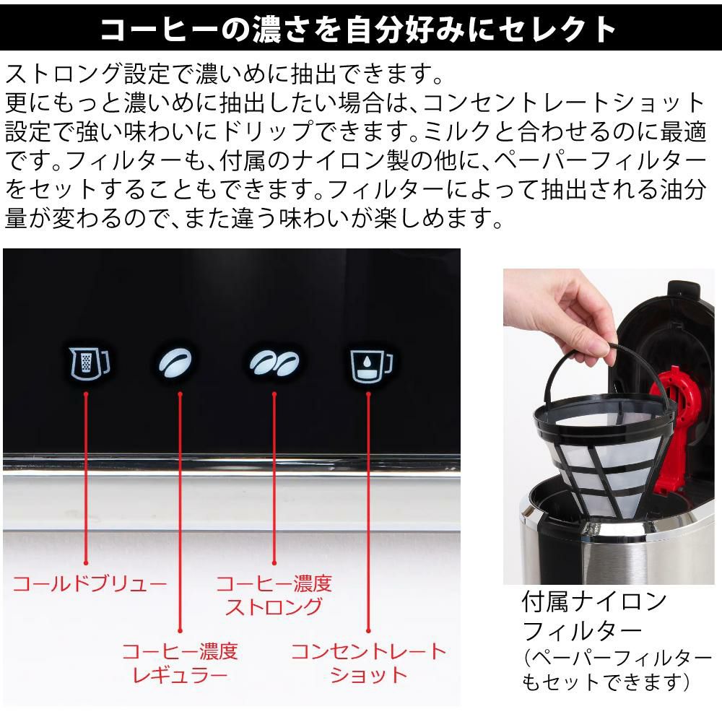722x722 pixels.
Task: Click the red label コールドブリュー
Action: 90,583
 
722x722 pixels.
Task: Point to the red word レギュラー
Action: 180,675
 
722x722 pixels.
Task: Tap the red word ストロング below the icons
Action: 274,606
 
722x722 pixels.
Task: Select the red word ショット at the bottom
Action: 369,675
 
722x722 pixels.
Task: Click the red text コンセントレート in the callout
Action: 369,651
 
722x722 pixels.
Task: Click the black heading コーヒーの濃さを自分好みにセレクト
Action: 359,29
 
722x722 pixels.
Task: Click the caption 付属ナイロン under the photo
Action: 594,601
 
